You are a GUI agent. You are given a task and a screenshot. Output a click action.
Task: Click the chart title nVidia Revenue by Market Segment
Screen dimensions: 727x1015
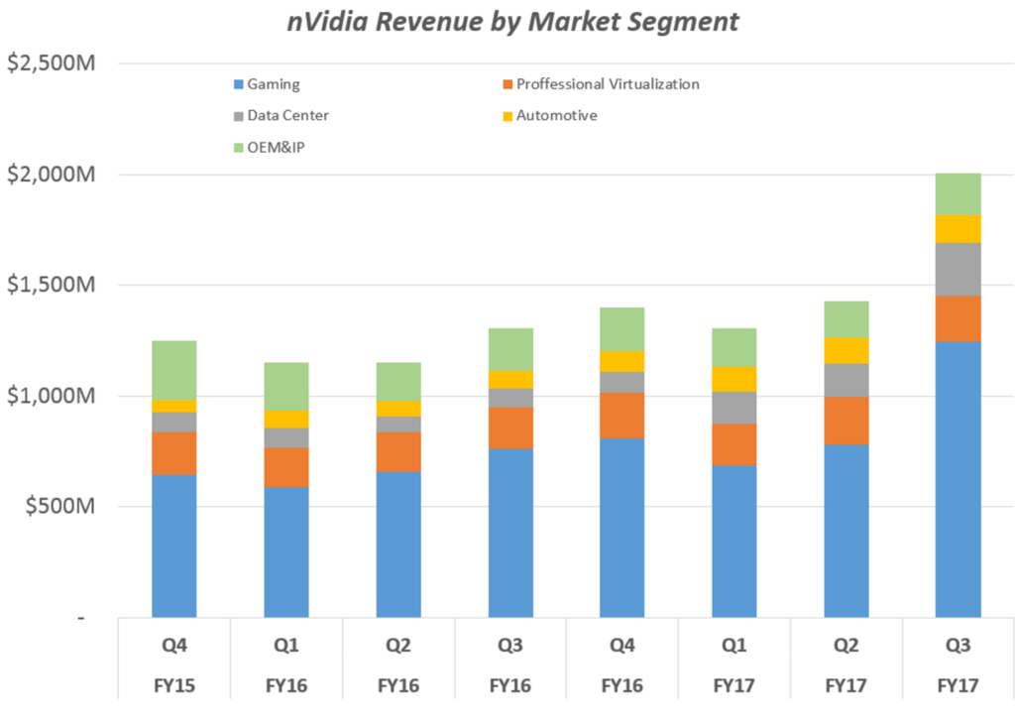click(512, 22)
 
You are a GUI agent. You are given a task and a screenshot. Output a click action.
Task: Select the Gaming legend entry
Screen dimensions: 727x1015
click(273, 84)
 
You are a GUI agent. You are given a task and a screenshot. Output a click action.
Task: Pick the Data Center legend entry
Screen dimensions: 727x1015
click(287, 115)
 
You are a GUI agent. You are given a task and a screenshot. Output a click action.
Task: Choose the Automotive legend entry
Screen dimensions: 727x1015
click(555, 115)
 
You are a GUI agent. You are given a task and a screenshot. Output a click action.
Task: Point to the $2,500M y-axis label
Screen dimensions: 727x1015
click(51, 63)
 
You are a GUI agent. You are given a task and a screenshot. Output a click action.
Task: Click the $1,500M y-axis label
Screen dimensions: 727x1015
click(51, 286)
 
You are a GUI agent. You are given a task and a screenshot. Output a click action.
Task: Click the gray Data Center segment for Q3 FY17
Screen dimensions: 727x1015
click(958, 269)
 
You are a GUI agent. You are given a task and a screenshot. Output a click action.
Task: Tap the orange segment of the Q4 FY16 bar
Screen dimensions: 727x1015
click(621, 415)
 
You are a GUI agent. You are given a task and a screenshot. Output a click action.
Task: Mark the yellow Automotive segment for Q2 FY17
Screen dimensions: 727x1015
click(846, 350)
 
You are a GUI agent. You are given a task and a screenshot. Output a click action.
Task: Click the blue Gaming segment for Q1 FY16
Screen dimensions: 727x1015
click(285, 551)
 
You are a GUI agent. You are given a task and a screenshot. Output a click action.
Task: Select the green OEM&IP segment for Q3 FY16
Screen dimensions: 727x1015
click(509, 349)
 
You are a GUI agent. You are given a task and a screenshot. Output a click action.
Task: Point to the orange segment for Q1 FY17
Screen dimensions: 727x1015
click(733, 444)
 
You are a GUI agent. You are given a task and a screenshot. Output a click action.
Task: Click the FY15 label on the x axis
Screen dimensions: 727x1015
click(173, 684)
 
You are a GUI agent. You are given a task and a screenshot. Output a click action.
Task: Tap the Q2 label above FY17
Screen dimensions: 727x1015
click(846, 646)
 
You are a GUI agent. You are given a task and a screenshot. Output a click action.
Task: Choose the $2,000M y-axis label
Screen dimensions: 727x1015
click(51, 175)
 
